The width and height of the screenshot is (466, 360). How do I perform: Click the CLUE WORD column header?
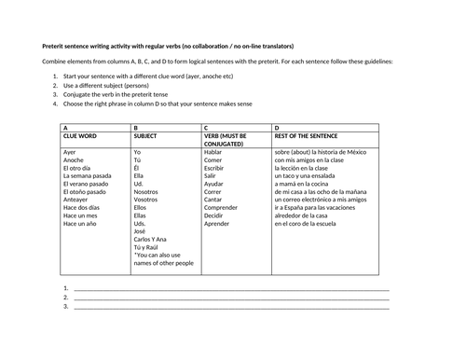(x=79, y=136)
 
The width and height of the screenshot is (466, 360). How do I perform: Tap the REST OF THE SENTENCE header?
(x=305, y=136)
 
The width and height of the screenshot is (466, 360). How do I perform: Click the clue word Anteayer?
(x=76, y=199)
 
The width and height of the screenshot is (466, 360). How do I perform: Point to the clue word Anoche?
(x=74, y=159)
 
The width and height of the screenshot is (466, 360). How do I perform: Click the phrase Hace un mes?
(x=79, y=215)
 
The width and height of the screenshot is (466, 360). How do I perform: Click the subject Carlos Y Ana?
(x=154, y=240)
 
